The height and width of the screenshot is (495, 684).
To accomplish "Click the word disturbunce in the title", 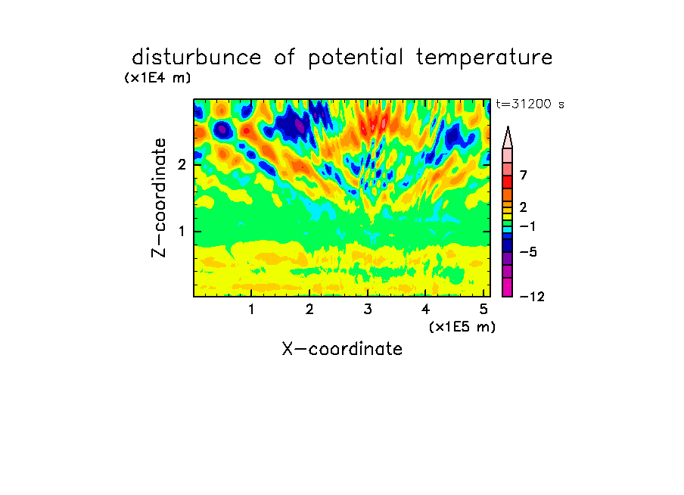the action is tap(196, 57).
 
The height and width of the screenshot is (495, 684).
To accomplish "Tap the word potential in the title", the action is tap(356, 58).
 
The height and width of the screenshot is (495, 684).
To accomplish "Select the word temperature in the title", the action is tap(484, 58).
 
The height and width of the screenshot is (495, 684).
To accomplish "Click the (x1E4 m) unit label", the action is tap(157, 78).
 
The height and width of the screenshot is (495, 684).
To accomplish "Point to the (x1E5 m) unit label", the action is tap(462, 326).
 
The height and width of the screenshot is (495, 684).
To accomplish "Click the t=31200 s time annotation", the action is tap(530, 104).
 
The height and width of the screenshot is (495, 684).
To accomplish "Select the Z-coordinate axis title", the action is tap(159, 198).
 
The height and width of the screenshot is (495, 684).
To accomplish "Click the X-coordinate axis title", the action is tap(342, 349).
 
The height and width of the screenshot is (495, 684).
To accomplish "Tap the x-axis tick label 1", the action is tap(252, 309).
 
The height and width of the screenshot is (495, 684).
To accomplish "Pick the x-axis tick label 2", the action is tap(309, 309).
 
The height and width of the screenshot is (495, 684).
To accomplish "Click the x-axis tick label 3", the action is tap(368, 309).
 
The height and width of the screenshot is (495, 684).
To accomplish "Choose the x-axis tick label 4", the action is tap(426, 309).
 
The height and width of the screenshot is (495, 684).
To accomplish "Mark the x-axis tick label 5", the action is tap(483, 309).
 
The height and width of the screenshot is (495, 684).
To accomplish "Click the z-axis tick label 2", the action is tap(182, 165).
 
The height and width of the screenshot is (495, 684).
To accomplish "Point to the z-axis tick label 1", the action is tap(182, 232).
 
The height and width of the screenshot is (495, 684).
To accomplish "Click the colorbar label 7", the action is tap(524, 175).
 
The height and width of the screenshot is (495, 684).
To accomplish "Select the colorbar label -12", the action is tap(532, 297).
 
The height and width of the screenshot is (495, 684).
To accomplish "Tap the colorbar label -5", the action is tap(528, 252).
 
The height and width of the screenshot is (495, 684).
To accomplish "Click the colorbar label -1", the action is tap(527, 226).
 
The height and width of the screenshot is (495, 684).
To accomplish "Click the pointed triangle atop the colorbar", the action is tap(508, 137).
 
